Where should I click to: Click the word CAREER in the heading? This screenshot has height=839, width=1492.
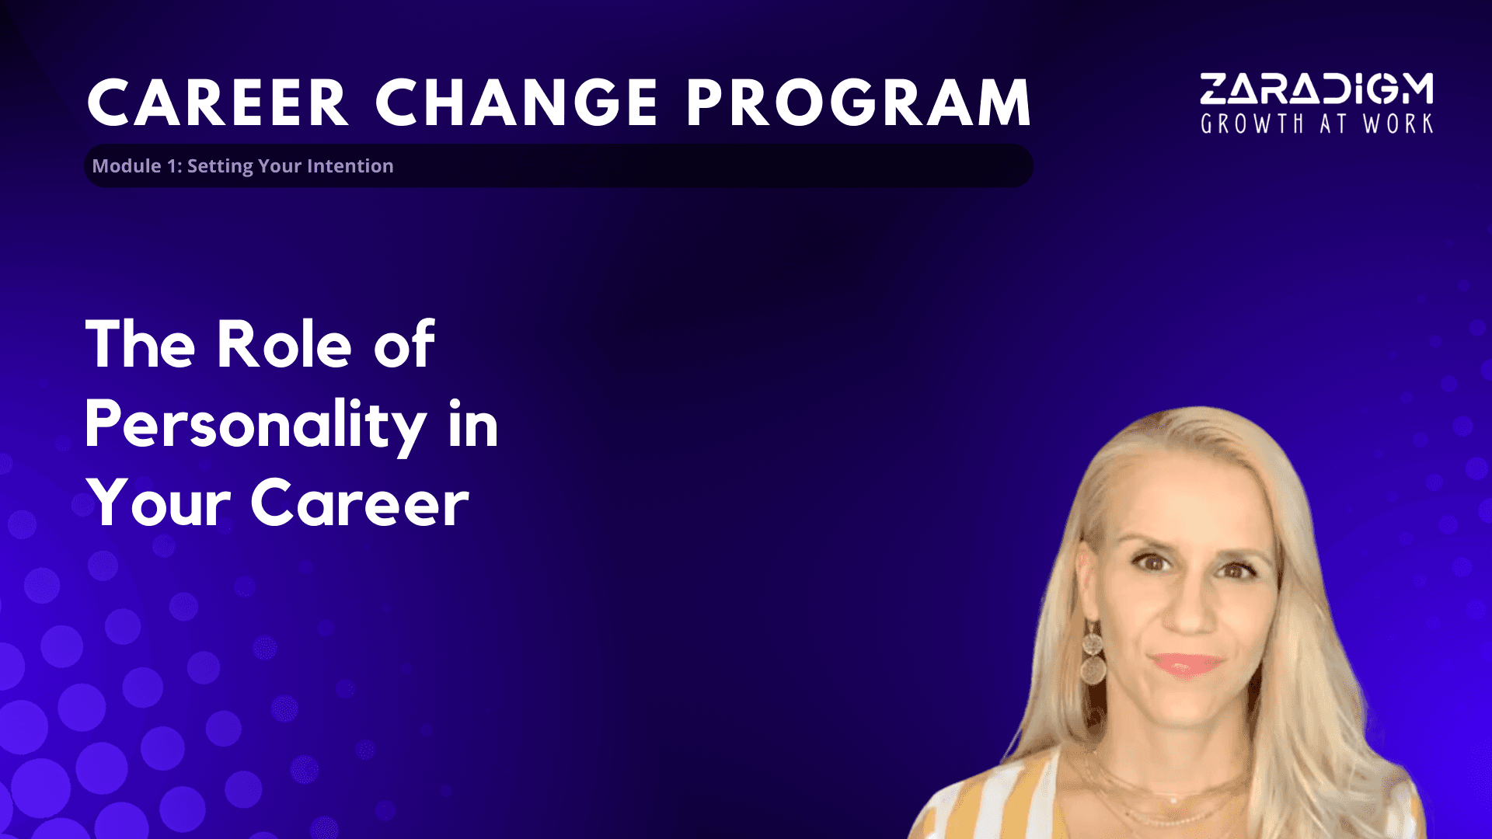pyautogui.click(x=218, y=103)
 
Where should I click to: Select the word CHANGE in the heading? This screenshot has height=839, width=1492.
pyautogui.click(x=517, y=103)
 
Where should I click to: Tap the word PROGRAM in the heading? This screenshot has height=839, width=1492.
pyautogui.click(x=859, y=103)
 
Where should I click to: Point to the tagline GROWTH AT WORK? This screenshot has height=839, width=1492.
pyautogui.click(x=1316, y=124)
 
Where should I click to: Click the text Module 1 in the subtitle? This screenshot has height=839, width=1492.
pyautogui.click(x=130, y=165)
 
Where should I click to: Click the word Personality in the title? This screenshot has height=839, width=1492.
pyautogui.click(x=256, y=426)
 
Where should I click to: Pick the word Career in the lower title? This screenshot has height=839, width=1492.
pyautogui.click(x=360, y=503)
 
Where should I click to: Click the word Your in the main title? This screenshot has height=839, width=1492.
pyautogui.click(x=159, y=503)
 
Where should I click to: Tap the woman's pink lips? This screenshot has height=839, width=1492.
pyautogui.click(x=1186, y=665)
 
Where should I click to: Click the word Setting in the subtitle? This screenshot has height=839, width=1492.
pyautogui.click(x=220, y=166)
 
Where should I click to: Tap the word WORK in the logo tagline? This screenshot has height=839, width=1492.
pyautogui.click(x=1398, y=124)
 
